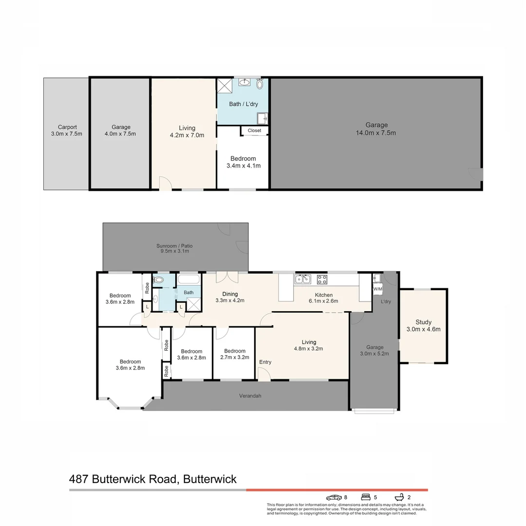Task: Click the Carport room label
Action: [x=66, y=131]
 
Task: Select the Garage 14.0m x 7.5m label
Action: [x=376, y=129]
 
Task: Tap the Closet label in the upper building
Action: [x=254, y=131]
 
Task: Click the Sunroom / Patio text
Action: [x=175, y=248]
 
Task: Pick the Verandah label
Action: [x=250, y=396]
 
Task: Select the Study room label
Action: [x=423, y=325]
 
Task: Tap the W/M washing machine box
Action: [x=377, y=289]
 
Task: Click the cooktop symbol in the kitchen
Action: [x=322, y=279]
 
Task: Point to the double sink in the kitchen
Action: [x=302, y=279]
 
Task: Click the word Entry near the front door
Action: [x=265, y=362]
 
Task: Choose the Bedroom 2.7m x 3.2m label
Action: [x=234, y=354]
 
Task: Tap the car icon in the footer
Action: [x=334, y=497]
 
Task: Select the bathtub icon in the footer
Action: [x=399, y=497]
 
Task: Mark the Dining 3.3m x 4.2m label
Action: [x=230, y=297]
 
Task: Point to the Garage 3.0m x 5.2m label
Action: [x=375, y=350]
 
